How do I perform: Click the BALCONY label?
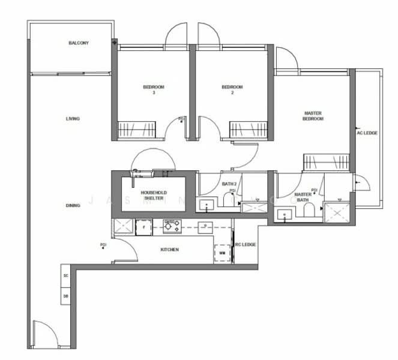point(79,44)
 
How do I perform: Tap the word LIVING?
point(73,119)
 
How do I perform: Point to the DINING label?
point(73,206)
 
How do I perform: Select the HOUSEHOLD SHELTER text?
point(153,196)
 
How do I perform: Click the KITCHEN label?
point(169,250)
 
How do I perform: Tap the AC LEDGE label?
point(367,133)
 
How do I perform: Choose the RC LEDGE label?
point(246,245)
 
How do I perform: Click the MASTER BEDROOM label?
point(313,116)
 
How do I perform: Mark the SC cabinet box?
point(65,276)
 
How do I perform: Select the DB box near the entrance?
point(65,296)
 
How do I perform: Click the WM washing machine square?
point(223,253)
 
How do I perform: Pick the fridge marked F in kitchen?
point(144,227)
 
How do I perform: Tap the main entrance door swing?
point(43,332)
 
